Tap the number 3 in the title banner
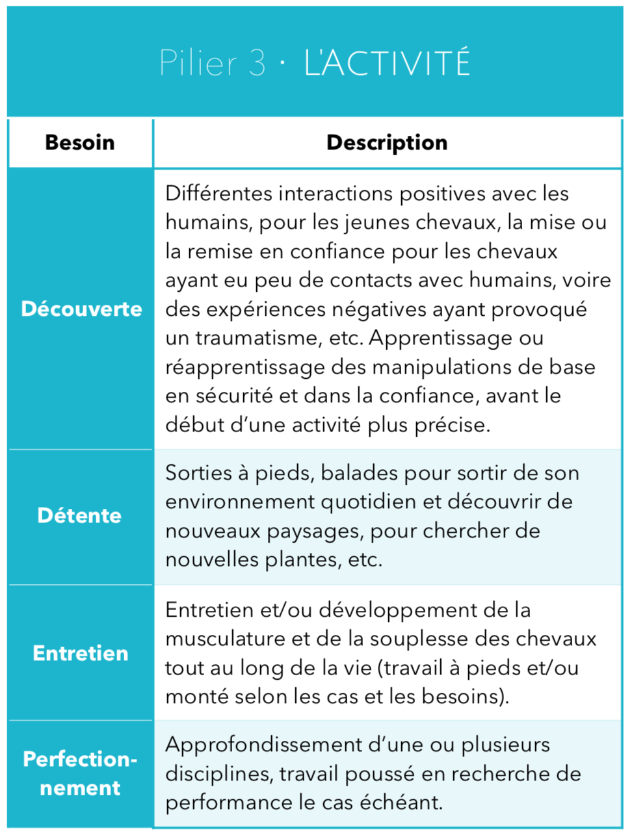point(256,63)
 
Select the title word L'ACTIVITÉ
point(387,63)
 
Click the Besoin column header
point(80,142)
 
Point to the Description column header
point(387,142)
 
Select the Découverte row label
point(81,309)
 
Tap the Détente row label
point(79,516)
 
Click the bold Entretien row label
point(81,653)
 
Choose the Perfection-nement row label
point(80,773)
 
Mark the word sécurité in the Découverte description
point(229,396)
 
